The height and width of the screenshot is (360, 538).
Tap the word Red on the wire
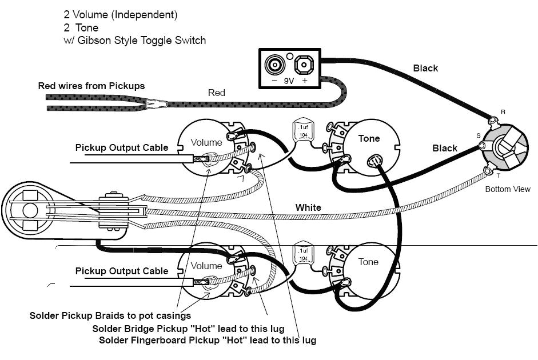pos(216,93)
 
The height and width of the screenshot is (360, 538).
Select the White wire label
pos(308,207)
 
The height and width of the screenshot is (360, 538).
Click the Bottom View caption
pos(508,189)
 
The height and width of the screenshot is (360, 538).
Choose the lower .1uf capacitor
pos(301,254)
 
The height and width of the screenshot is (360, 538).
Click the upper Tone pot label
pos(369,138)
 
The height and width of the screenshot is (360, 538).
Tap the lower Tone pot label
pos(368,262)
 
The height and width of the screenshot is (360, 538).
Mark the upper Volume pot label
pos(206,142)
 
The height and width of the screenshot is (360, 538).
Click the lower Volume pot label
pos(206,266)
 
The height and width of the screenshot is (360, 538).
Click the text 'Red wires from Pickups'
pos(91,86)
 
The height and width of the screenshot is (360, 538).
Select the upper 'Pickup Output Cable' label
pos(122,147)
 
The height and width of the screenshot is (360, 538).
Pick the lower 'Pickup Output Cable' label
pos(122,271)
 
